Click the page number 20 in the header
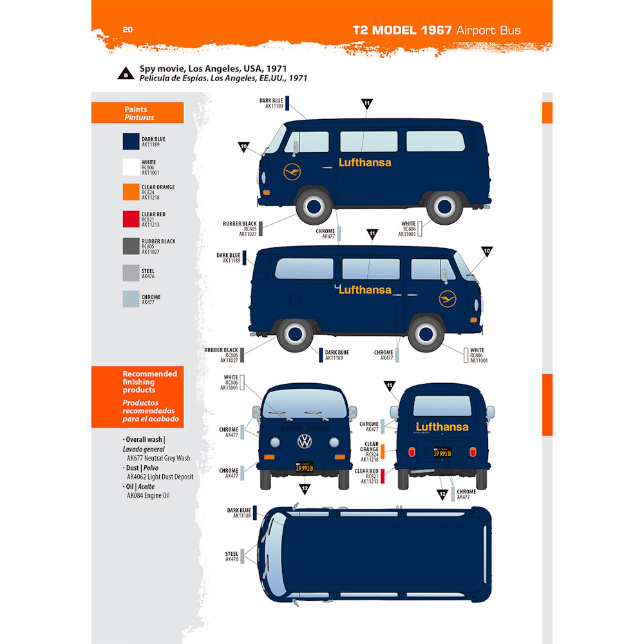tap(128, 30)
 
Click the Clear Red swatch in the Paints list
tap(131, 219)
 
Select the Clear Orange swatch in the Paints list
tap(131, 192)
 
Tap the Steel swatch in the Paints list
tap(131, 273)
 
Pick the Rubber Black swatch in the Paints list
tap(131, 246)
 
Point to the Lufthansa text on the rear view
tap(442, 426)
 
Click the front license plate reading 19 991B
tap(304, 468)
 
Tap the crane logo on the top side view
tap(292, 172)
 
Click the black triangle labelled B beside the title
tap(124, 74)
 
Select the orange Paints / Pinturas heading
tap(137, 113)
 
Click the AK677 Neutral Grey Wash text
tap(158, 459)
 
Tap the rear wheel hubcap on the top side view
tap(444, 206)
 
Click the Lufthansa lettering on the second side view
tap(365, 290)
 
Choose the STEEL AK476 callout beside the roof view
tap(232, 556)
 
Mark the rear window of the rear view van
tap(442, 406)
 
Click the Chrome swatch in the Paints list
tap(131, 299)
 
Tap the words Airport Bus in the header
tap(488, 30)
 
